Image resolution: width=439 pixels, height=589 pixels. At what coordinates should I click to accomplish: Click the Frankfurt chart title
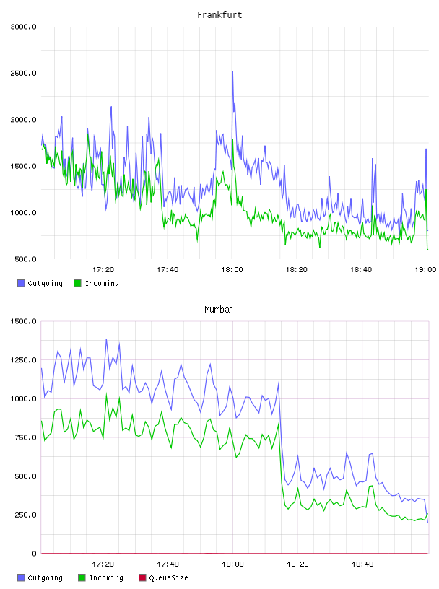[x=219, y=14]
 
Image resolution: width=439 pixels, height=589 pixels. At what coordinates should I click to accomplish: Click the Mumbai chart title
[x=219, y=309]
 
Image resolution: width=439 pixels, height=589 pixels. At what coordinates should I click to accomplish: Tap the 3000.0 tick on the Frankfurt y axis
[x=23, y=27]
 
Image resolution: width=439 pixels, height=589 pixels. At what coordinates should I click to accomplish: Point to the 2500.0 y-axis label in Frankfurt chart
[x=23, y=73]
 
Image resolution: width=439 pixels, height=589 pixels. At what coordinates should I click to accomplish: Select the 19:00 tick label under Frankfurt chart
[x=425, y=269]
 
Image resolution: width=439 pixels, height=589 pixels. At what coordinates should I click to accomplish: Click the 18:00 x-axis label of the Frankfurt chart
[x=232, y=269]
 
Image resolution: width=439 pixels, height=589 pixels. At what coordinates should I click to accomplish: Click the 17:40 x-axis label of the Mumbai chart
[x=168, y=564]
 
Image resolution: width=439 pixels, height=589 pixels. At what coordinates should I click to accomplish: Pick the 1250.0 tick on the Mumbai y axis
[x=23, y=360]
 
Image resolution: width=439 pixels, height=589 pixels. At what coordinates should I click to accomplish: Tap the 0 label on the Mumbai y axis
[x=34, y=554]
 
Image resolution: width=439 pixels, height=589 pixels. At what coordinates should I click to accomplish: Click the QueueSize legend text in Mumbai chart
[x=168, y=577]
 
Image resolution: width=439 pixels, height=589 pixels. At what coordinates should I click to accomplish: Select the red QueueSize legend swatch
[x=142, y=577]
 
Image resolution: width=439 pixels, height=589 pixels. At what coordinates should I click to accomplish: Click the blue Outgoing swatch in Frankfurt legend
[x=21, y=283]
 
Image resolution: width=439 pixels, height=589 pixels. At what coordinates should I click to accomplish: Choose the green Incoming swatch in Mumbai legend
[x=82, y=577]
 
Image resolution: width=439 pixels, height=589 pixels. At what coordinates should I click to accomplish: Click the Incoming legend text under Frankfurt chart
[x=102, y=283]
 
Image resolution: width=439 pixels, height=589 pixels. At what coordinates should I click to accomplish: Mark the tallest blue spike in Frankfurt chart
[x=232, y=71]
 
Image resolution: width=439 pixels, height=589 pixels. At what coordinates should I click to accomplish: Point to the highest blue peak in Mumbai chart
[x=106, y=339]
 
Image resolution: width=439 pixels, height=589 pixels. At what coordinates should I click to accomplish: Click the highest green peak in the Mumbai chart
[x=106, y=393]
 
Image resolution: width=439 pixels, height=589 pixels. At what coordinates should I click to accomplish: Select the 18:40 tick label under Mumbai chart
[x=362, y=564]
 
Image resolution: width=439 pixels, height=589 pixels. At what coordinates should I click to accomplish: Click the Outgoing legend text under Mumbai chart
[x=45, y=577]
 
